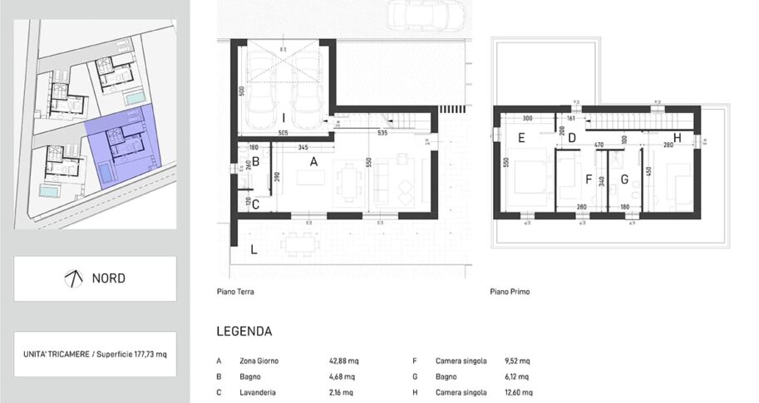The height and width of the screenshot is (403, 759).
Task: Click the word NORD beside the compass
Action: coord(109,278)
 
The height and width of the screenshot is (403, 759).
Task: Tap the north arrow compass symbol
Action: coord(73,278)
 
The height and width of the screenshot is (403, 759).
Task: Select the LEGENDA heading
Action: coord(244,331)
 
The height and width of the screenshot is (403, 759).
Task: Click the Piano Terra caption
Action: coord(235,292)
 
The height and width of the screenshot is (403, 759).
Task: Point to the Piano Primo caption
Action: coord(510,292)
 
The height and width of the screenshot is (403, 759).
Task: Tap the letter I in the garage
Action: coord(283,117)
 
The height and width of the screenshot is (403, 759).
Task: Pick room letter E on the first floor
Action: coord(520,138)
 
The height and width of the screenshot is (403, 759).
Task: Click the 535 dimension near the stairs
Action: coord(382,132)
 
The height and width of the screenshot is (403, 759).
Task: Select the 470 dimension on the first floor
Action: coord(598,145)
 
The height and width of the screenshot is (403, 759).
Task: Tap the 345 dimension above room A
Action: coord(303,147)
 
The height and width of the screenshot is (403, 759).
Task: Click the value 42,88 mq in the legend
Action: coord(344,361)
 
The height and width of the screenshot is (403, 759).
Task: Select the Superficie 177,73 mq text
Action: coord(130,354)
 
